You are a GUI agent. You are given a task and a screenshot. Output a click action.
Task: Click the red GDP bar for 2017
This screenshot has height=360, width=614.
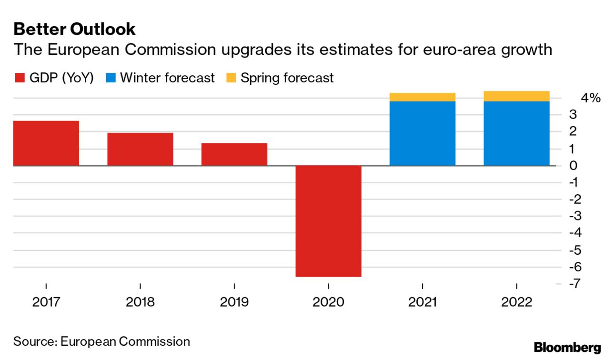pyautogui.click(x=46, y=143)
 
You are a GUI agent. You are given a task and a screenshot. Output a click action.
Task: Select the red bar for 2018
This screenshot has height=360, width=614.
pyautogui.click(x=140, y=149)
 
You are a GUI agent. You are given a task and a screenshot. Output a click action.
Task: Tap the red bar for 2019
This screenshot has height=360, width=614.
pyautogui.click(x=234, y=154)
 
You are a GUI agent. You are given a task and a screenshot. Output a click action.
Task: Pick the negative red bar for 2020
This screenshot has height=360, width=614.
pyautogui.click(x=328, y=221)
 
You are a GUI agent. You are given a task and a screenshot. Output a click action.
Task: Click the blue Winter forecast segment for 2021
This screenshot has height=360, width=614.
pyautogui.click(x=423, y=133)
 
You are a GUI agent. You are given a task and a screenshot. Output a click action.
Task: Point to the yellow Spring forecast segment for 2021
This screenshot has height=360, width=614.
pyautogui.click(x=423, y=97)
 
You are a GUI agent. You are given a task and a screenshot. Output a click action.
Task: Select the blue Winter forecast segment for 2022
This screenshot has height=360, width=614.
pyautogui.click(x=516, y=133)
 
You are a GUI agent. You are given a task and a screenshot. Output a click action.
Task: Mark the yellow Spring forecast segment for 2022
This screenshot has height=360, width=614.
pyautogui.click(x=516, y=96)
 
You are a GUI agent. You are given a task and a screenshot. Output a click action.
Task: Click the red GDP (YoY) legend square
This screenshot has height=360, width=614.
pyautogui.click(x=19, y=78)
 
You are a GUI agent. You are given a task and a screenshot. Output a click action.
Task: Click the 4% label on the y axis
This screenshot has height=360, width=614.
pyautogui.click(x=591, y=98)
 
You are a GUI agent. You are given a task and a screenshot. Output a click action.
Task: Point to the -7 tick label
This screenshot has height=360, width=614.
pyautogui.click(x=574, y=284)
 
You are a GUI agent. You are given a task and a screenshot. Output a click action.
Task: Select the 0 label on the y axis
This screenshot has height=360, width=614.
pyautogui.click(x=574, y=166)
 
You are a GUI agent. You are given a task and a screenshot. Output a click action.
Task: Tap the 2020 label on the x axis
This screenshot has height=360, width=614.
pyautogui.click(x=328, y=302)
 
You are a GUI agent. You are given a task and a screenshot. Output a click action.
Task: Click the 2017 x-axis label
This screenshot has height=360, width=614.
pyautogui.click(x=46, y=302)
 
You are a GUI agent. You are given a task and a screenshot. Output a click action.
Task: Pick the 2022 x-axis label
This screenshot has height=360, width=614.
pyautogui.click(x=516, y=302)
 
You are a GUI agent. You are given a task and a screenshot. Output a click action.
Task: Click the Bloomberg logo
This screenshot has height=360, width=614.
pyautogui.click(x=567, y=347)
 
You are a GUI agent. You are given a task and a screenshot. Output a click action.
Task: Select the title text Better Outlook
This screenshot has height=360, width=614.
pyautogui.click(x=75, y=30)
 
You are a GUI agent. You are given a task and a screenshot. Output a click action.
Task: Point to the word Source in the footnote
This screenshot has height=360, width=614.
pyautogui.click(x=33, y=341)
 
